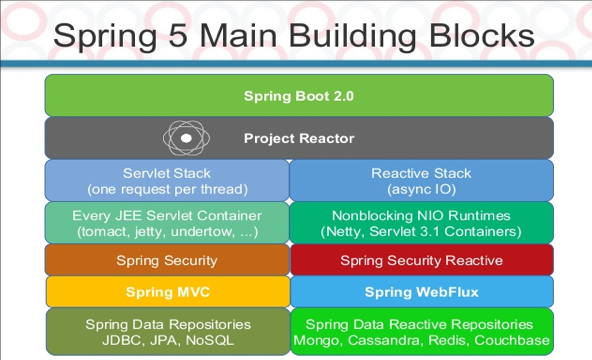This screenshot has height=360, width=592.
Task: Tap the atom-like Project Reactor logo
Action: [187, 138]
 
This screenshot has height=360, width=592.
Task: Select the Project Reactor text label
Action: [299, 138]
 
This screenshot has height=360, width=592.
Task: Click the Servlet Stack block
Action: [167, 180]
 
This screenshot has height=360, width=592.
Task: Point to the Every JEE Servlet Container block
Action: [167, 222]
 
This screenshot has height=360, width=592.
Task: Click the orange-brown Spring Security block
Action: [167, 260]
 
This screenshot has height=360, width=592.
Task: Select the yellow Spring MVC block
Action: [167, 292]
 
